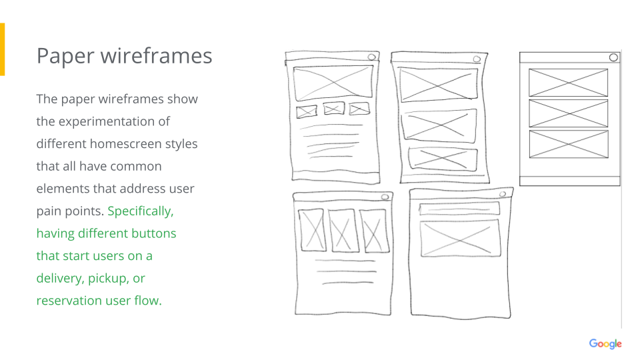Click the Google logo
point(605,344)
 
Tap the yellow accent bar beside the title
point(2,49)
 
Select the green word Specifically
point(140,211)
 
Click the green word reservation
point(69,301)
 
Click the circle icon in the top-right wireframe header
point(613,58)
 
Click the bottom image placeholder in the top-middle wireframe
point(443,159)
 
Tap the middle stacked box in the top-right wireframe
point(568,113)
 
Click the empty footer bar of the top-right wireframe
point(569,181)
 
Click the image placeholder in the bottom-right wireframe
point(459,237)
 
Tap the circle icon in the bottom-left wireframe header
point(384,197)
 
